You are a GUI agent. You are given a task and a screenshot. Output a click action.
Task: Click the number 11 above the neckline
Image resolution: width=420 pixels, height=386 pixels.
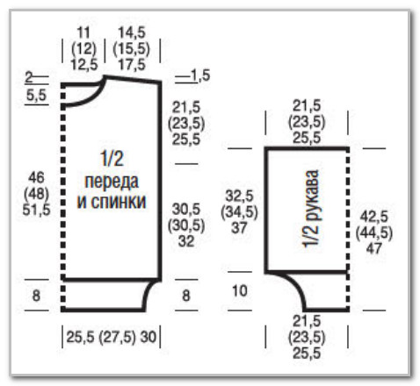point(83,32)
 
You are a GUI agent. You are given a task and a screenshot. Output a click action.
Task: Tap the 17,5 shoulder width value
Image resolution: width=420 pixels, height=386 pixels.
point(132,64)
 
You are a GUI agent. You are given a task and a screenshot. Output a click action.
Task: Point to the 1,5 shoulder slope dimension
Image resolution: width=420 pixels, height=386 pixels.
point(200,75)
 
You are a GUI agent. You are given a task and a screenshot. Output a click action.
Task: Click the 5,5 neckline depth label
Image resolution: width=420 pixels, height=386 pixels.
point(36,95)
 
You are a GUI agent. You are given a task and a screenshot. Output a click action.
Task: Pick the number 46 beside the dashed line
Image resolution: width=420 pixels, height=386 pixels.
point(36,177)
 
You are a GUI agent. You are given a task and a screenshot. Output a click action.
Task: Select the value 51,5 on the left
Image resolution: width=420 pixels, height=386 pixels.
point(36,210)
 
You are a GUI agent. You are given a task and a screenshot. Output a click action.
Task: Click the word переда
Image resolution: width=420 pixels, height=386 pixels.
point(112,182)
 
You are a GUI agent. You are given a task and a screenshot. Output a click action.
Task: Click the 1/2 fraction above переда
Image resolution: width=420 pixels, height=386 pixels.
point(112,158)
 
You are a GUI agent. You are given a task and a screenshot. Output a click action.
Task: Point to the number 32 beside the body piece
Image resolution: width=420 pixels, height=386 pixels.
point(186,241)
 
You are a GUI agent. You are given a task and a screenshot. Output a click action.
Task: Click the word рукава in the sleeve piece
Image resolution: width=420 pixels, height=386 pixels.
point(311,193)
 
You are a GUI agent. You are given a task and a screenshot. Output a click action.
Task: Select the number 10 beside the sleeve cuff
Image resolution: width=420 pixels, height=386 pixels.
point(240,291)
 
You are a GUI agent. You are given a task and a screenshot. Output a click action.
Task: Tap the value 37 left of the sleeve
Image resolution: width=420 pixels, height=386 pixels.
point(239,228)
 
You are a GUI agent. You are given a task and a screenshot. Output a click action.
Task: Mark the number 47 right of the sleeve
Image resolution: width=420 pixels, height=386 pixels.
point(374,248)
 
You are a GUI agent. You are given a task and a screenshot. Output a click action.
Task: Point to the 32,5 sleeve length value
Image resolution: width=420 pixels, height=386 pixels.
point(239,196)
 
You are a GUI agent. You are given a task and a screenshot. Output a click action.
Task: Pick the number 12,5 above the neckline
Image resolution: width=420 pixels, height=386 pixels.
point(83,64)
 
